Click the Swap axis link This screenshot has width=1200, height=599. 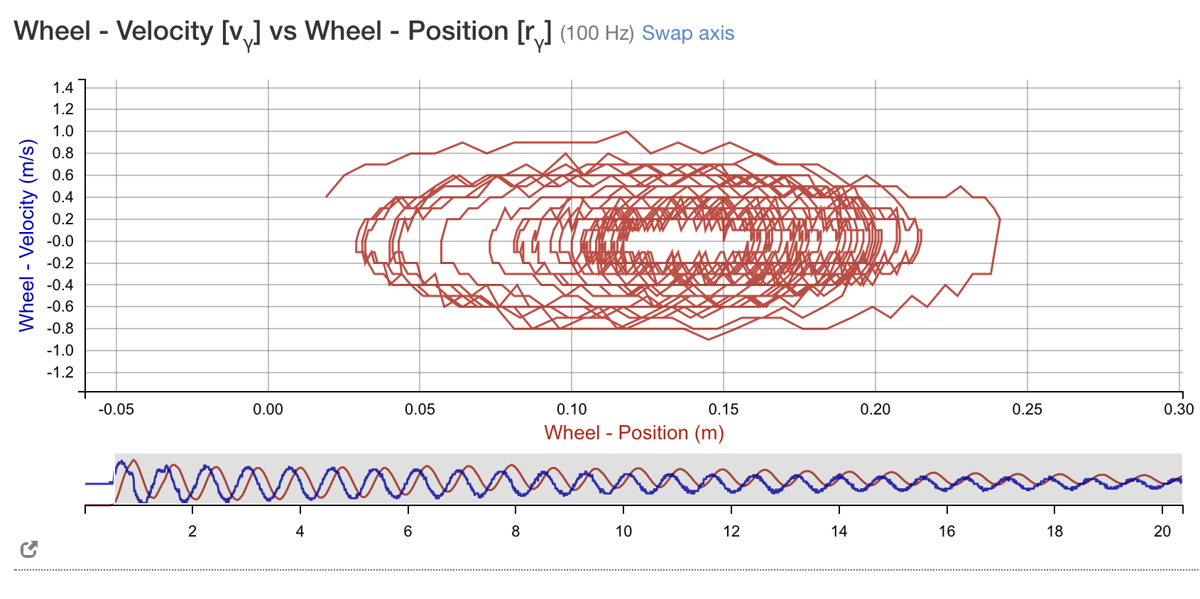coord(687,33)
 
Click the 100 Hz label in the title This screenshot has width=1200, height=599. coord(596,33)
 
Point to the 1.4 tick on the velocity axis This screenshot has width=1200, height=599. coord(63,87)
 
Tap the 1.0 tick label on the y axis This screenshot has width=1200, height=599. coord(63,131)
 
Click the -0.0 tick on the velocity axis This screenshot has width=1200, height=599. coord(60,241)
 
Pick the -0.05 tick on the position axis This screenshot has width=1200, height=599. coord(116,410)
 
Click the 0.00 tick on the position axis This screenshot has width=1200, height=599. coord(268,410)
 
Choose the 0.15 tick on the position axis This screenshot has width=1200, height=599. coord(723,410)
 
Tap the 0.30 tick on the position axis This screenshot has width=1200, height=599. coord(1179,410)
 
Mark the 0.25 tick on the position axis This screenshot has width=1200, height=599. coord(1027,410)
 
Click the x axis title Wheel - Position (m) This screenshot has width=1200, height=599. coord(633,433)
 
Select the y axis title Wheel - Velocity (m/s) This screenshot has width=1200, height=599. coord(27,236)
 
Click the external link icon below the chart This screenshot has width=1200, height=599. coord(29,549)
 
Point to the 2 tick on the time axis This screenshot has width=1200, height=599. coord(192,532)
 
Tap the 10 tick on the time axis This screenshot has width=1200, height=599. coord(623,532)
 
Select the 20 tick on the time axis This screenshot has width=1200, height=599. coord(1162,532)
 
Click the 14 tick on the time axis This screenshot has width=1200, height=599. coord(839,532)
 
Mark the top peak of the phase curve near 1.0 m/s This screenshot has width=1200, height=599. coord(626,132)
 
